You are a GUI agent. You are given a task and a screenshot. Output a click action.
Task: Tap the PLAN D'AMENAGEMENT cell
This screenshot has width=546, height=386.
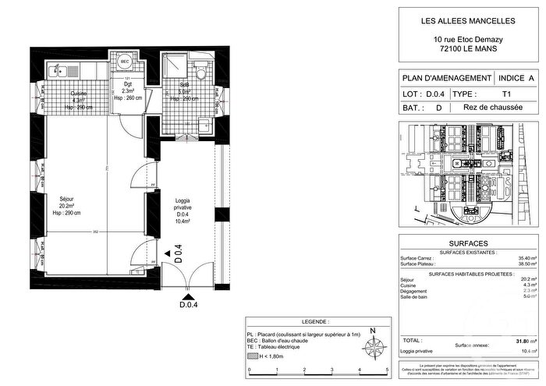click(x=446, y=79)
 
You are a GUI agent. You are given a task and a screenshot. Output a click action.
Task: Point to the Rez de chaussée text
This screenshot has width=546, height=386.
click(x=490, y=108)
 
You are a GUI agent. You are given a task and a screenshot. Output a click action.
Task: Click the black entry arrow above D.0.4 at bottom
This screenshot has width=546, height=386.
click(x=188, y=296)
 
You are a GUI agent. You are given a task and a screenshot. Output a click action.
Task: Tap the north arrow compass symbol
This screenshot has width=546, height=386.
click(x=373, y=342)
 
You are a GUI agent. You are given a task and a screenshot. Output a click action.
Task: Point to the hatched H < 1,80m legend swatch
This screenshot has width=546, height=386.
click(x=251, y=356)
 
